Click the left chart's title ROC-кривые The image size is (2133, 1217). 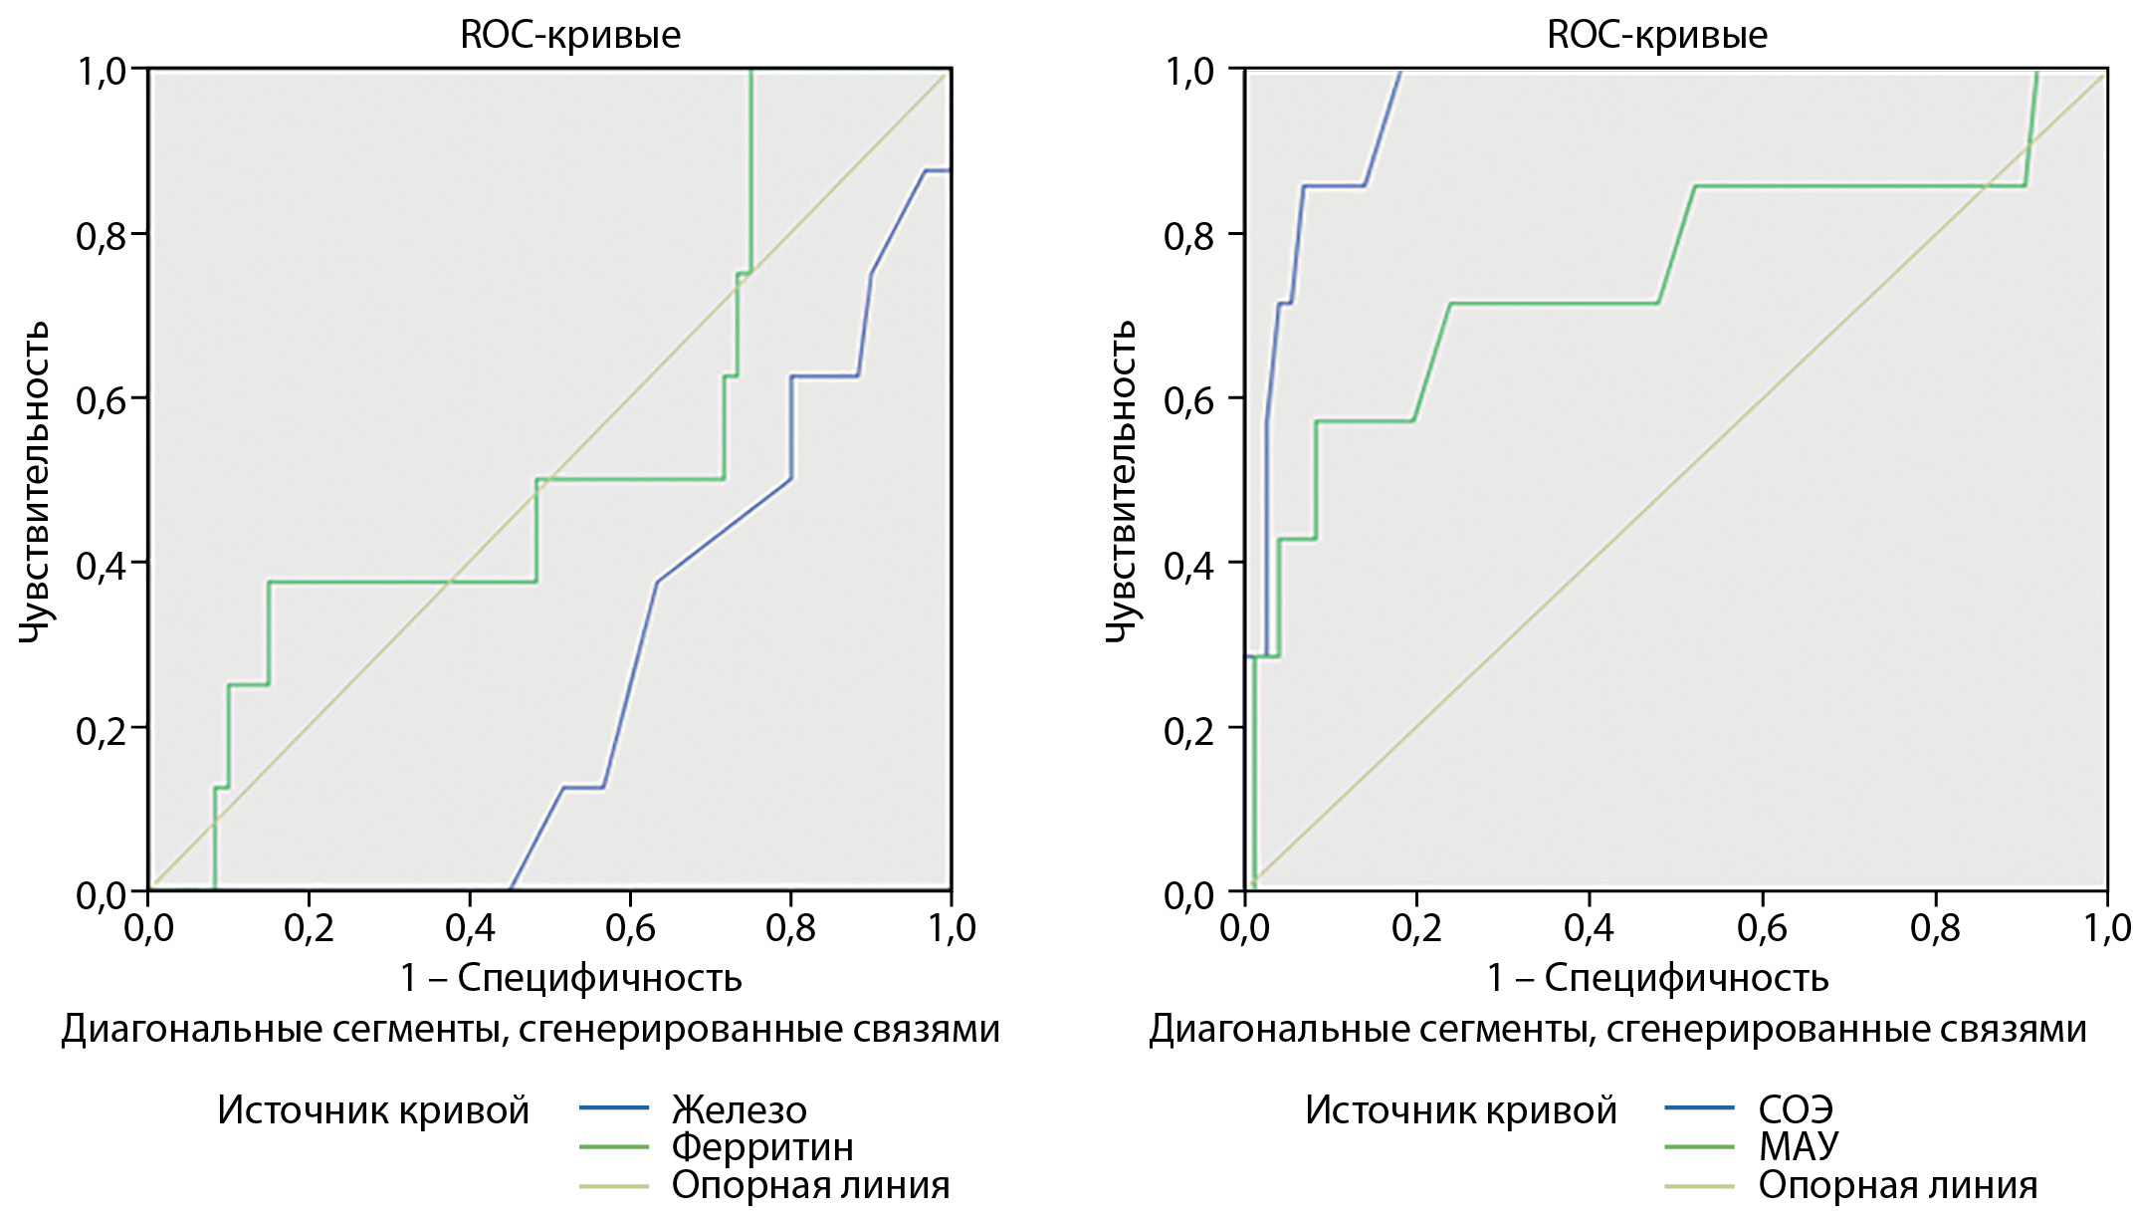point(570,35)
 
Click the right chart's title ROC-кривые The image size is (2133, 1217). point(1657,35)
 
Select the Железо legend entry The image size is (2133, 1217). point(739,1109)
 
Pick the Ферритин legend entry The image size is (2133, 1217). point(762,1147)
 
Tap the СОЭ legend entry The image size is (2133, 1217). point(1796,1109)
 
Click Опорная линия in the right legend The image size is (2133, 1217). point(1898,1185)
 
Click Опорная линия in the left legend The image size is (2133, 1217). point(810,1185)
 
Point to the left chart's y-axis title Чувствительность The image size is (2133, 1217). point(34,482)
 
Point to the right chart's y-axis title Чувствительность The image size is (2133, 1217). point(1121,482)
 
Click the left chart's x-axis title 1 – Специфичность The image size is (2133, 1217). point(570,978)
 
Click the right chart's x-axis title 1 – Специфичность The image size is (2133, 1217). point(1657,978)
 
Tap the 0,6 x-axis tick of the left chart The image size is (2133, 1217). point(630,928)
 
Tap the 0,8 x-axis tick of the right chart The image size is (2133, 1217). point(1935,928)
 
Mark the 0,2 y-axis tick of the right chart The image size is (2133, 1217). point(1188,730)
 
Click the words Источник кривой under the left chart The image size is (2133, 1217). point(373,1109)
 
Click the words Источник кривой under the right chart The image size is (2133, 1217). point(1461,1109)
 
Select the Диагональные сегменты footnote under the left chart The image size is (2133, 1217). point(531,1029)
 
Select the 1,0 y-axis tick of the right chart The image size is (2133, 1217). point(1188,72)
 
